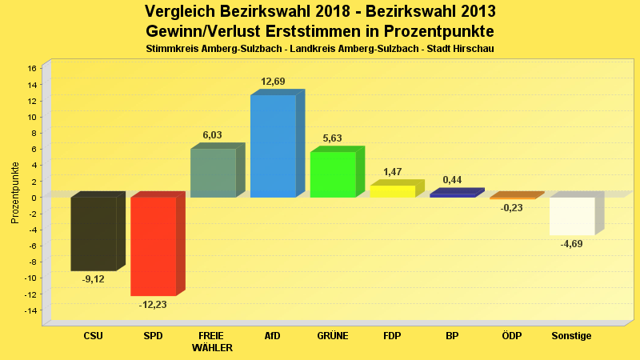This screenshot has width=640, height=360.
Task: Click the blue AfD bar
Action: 273,146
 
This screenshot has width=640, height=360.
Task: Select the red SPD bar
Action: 153,246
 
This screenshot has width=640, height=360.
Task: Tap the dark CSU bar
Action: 93,234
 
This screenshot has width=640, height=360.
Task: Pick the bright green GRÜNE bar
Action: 333,174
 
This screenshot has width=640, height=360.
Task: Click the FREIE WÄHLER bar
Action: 213,173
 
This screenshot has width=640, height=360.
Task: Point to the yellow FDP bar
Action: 392,191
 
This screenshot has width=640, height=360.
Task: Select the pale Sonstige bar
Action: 572,216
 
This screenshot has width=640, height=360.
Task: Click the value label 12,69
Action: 273,82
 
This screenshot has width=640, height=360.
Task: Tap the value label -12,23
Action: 153,305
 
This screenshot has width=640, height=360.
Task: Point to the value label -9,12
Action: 93,279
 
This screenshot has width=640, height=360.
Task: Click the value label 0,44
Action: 452,180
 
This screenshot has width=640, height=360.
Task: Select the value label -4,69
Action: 572,244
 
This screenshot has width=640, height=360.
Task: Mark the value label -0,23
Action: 512,208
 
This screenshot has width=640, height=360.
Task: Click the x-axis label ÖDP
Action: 512,336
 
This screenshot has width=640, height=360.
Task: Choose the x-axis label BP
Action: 452,336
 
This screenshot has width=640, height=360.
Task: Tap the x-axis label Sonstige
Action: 572,336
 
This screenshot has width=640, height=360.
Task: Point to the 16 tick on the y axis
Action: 32,68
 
